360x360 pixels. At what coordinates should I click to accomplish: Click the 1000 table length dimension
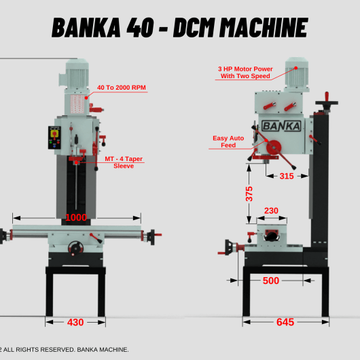pyautogui.click(x=76, y=217)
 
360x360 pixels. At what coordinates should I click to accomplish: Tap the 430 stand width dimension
pyautogui.click(x=75, y=323)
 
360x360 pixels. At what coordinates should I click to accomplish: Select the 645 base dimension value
pyautogui.click(x=285, y=322)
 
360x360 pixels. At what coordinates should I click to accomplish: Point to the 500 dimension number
pyautogui.click(x=271, y=281)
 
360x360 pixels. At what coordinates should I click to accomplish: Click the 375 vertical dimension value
pyautogui.click(x=249, y=194)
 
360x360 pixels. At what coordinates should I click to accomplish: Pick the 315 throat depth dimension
pyautogui.click(x=287, y=176)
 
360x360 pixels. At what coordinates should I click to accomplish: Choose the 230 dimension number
pyautogui.click(x=271, y=211)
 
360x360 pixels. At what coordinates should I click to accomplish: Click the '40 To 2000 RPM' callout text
pyautogui.click(x=121, y=88)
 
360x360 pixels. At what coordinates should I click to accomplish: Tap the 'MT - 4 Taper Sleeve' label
pyautogui.click(x=124, y=162)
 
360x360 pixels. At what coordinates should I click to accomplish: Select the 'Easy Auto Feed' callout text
pyautogui.click(x=228, y=142)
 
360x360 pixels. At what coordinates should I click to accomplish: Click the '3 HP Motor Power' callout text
pyautogui.click(x=245, y=69)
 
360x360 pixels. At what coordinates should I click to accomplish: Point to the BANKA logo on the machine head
pyautogui.click(x=281, y=126)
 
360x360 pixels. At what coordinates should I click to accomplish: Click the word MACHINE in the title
pyautogui.click(x=264, y=28)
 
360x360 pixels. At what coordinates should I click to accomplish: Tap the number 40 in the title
pyautogui.click(x=140, y=28)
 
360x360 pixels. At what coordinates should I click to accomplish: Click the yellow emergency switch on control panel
pyautogui.click(x=54, y=133)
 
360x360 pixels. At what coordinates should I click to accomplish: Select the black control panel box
pyautogui.click(x=54, y=137)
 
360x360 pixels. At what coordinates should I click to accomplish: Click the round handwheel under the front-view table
pyautogui.click(x=75, y=248)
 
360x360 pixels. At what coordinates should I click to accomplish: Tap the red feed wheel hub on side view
pyautogui.click(x=274, y=148)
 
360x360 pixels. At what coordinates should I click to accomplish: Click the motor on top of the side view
pyautogui.click(x=296, y=73)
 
